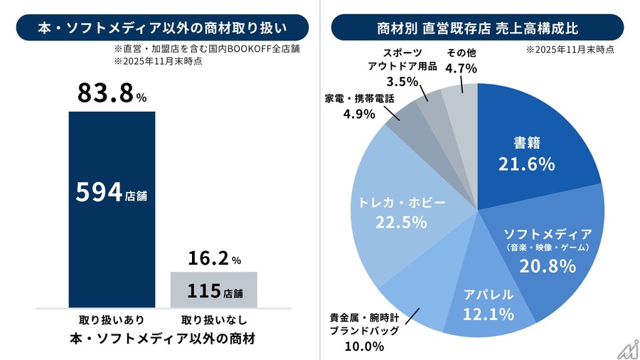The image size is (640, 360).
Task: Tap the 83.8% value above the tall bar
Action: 106,92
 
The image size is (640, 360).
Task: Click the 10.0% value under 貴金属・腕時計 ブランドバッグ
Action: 367,346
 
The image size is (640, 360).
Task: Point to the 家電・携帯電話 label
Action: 359,98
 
